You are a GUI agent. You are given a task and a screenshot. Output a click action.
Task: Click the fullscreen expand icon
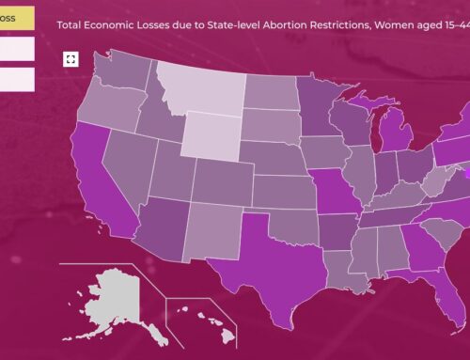(x=70, y=59)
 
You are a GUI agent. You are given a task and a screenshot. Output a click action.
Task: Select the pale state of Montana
(x=199, y=91)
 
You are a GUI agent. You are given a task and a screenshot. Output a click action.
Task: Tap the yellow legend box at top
(x=17, y=16)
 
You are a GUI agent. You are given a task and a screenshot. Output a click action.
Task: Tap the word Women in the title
(x=374, y=20)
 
